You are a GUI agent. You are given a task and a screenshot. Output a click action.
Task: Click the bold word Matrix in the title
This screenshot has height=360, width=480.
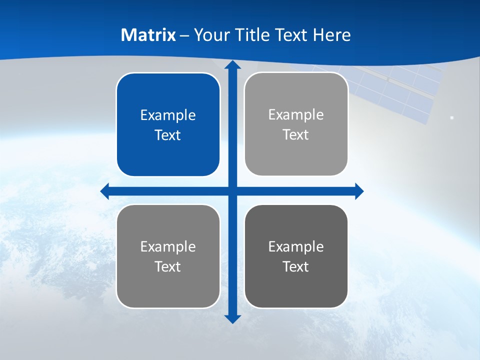tap(148, 35)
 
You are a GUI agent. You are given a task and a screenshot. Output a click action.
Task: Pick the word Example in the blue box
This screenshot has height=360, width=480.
tap(168, 115)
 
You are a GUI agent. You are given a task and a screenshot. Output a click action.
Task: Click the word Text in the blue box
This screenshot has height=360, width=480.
tap(168, 135)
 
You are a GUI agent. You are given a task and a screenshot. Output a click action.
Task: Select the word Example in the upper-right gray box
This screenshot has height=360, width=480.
tap(296, 115)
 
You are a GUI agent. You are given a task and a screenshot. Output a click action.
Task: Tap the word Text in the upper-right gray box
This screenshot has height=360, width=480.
tap(296, 135)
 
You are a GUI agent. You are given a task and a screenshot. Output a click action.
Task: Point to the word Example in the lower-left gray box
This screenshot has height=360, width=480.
tap(168, 247)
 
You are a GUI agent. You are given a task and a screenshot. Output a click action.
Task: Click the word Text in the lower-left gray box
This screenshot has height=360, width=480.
tap(168, 267)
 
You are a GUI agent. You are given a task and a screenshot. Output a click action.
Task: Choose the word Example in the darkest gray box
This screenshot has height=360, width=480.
tap(296, 247)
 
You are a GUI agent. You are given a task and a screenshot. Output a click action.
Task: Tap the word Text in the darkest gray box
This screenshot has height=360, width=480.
tap(296, 267)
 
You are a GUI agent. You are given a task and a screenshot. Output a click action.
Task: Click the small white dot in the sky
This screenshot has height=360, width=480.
tap(452, 117)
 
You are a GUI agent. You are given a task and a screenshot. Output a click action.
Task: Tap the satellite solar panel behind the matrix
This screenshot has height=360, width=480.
tap(400, 90)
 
